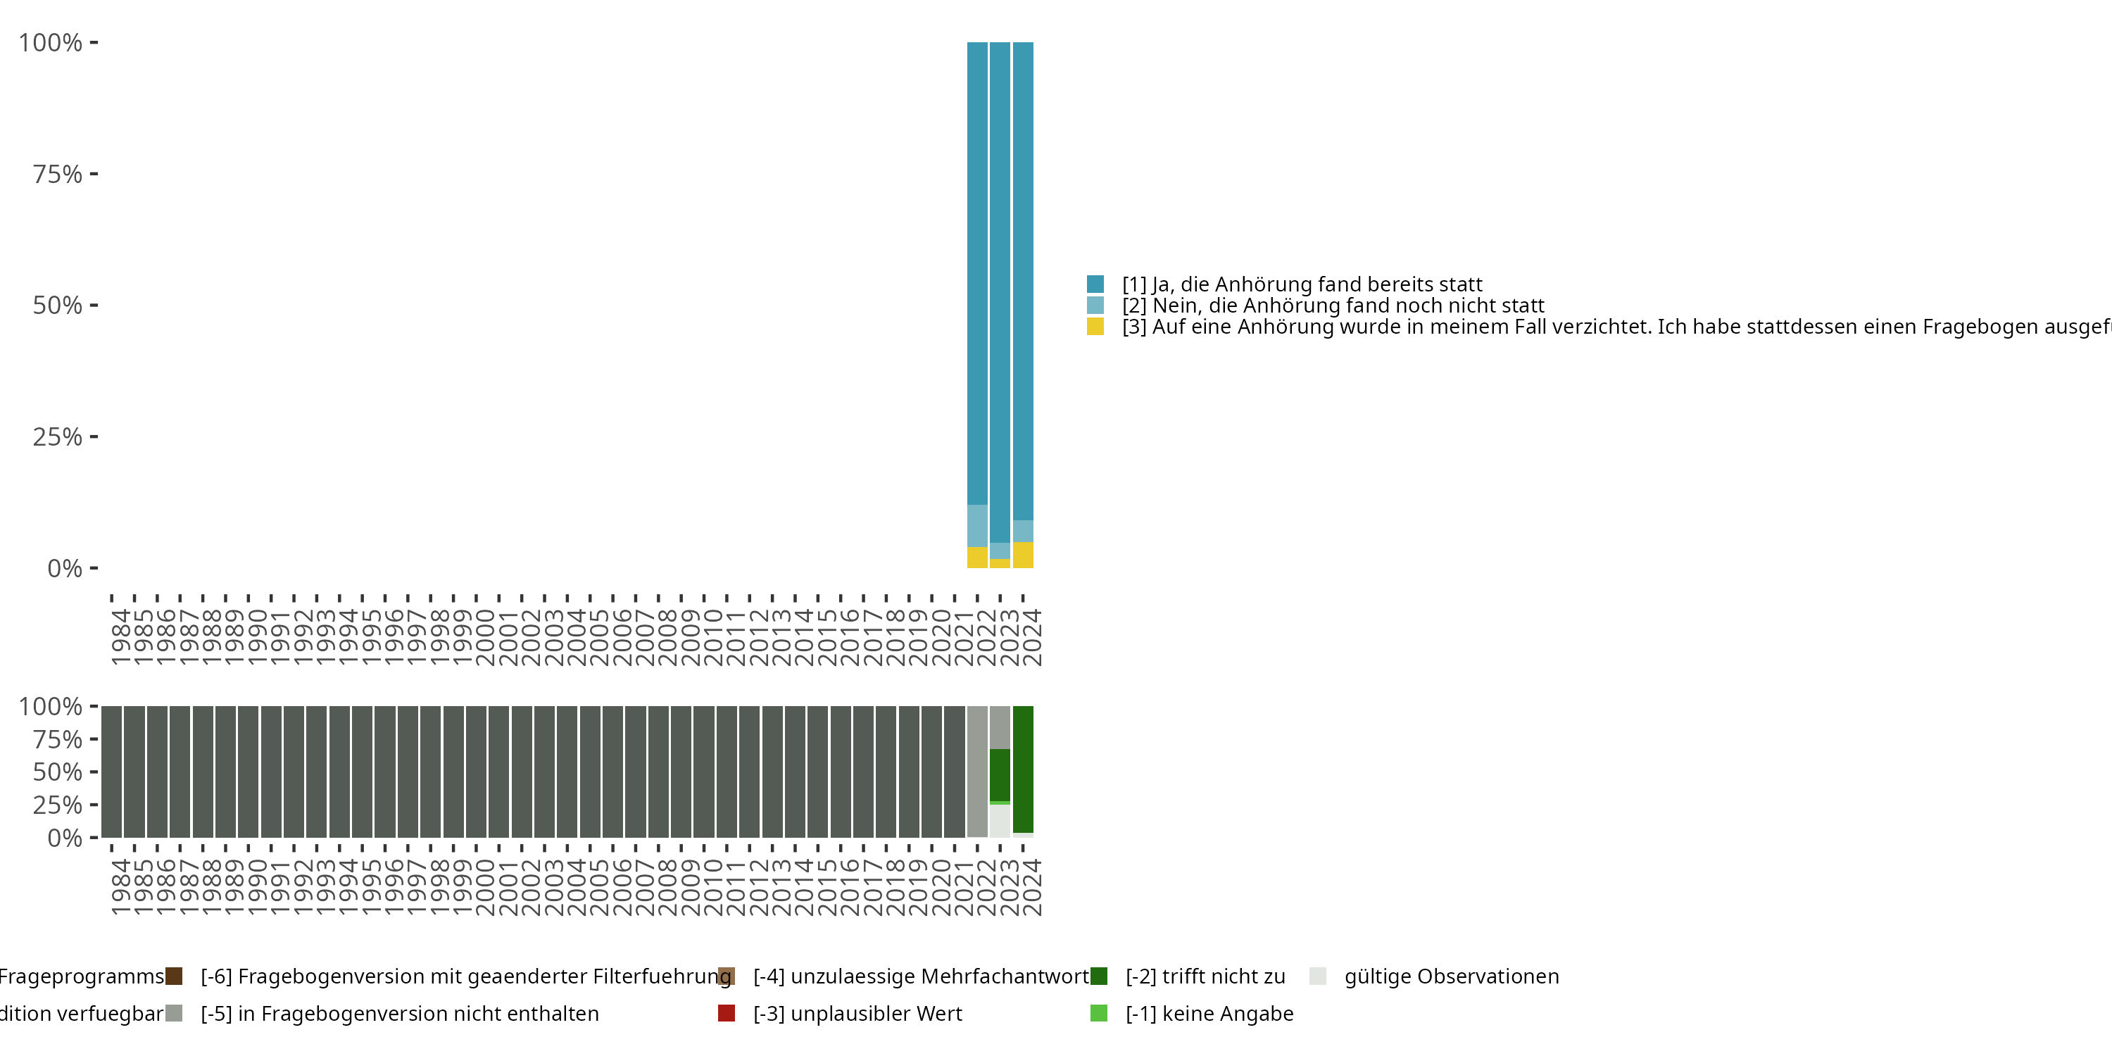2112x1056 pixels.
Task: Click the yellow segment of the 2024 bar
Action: [1022, 555]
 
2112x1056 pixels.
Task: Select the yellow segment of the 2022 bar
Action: [976, 558]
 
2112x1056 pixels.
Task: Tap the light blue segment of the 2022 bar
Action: [976, 526]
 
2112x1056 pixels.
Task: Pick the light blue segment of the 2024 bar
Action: [1022, 532]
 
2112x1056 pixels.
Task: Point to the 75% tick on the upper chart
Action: [94, 174]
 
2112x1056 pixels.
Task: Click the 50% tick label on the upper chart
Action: [58, 306]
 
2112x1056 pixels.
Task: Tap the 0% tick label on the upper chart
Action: [65, 568]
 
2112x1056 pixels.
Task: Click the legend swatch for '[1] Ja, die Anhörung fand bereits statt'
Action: [1095, 284]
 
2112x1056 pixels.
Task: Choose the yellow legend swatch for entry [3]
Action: [1095, 327]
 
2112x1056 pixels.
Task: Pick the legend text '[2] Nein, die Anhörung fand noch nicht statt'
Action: [1332, 306]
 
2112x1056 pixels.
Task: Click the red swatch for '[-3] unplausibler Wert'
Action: [727, 1013]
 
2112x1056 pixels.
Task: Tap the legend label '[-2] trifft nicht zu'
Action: [1205, 976]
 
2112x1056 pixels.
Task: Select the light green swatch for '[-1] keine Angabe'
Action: [1099, 1013]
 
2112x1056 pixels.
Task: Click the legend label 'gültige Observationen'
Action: [1451, 976]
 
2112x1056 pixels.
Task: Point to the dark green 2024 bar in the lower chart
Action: [1022, 769]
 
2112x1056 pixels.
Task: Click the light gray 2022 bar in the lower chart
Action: [976, 771]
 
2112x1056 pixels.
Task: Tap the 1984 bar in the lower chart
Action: [113, 771]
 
